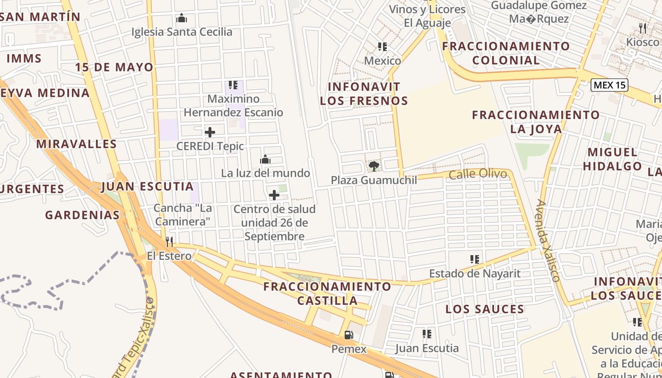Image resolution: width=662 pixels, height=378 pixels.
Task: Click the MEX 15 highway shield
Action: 610,85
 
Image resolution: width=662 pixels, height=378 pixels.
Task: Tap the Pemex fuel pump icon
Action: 348,335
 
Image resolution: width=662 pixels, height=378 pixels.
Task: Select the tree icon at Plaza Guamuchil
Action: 374,166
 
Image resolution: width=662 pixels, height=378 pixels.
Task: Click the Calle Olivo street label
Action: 478,174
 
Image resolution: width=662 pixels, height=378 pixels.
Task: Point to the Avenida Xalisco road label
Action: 549,241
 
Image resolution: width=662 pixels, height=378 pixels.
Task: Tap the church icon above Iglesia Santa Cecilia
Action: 182,18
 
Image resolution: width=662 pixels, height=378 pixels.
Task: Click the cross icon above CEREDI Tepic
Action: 210,132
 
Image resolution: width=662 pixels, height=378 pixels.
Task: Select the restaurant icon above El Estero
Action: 169,242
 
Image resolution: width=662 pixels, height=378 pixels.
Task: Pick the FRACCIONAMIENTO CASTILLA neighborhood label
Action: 327,293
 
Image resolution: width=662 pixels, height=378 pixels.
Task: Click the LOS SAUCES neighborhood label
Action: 485,309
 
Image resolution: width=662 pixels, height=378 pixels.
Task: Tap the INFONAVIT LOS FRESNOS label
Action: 364,94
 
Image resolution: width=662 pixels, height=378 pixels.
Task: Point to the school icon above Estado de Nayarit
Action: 475,259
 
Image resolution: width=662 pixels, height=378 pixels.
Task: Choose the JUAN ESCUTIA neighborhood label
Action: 148,187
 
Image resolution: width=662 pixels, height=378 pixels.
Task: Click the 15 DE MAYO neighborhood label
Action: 114,67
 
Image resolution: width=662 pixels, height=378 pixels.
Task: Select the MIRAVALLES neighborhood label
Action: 77,144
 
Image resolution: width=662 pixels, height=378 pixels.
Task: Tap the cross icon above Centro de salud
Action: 274,195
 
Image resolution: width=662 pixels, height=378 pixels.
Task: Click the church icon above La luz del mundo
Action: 265,159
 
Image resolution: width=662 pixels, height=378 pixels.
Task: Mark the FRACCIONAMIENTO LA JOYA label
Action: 536,122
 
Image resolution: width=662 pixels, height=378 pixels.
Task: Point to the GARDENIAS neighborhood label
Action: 82,215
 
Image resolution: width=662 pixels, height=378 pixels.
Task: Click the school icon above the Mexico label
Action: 383,47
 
